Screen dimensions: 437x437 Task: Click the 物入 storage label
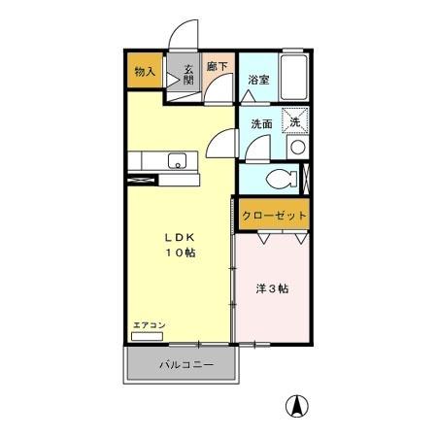click(144, 73)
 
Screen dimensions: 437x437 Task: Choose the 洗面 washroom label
click(261, 124)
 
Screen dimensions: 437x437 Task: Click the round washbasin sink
click(297, 149)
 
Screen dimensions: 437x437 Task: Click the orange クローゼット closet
click(274, 215)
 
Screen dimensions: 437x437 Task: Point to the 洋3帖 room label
click(271, 288)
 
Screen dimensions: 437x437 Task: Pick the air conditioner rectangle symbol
click(148, 336)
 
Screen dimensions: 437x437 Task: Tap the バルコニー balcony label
click(182, 366)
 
